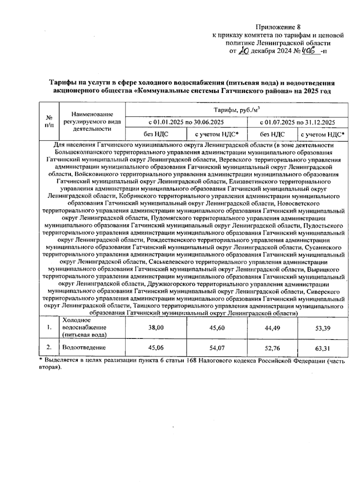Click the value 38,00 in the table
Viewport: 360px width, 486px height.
pyautogui.click(x=156, y=328)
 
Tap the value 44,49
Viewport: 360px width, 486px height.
pyautogui.click(x=272, y=328)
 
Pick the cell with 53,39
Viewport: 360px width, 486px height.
pyautogui.click(x=323, y=328)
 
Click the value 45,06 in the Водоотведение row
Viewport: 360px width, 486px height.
pyautogui.click(x=156, y=348)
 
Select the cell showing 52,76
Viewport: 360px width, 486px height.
pyautogui.click(x=272, y=348)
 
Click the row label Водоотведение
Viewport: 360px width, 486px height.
pyautogui.click(x=84, y=348)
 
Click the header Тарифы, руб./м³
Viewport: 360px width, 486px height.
pyautogui.click(x=236, y=110)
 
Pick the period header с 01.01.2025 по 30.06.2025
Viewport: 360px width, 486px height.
pyautogui.click(x=186, y=122)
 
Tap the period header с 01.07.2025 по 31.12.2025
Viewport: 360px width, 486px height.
pyautogui.click(x=297, y=122)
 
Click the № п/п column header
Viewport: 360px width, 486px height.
pyautogui.click(x=49, y=121)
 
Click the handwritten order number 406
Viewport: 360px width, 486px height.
pyautogui.click(x=310, y=51)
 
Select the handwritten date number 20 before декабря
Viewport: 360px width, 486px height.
pyautogui.click(x=243, y=51)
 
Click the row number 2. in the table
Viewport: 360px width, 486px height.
pyautogui.click(x=49, y=347)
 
